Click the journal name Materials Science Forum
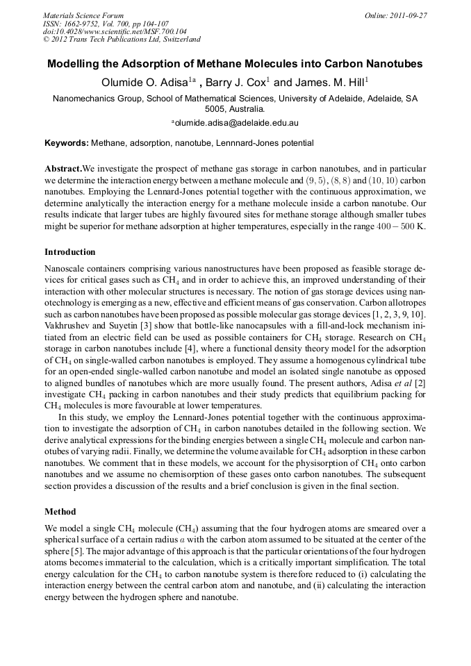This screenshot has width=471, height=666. point(83,15)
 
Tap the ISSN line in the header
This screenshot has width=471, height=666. point(104,24)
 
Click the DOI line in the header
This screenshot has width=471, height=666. point(105,31)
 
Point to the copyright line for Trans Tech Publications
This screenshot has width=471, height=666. point(122,40)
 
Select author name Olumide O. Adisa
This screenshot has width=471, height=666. point(146,83)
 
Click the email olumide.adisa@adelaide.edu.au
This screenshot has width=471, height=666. point(237,123)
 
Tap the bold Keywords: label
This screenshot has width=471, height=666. point(67,143)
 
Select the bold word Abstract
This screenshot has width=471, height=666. point(63,169)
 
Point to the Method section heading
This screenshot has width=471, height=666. point(60,512)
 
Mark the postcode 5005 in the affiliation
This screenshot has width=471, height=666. point(215,109)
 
